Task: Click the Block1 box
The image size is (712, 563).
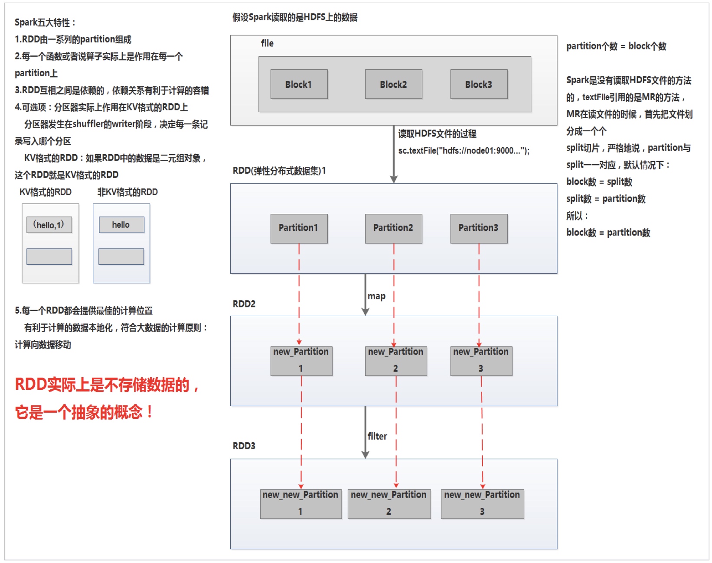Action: tap(299, 84)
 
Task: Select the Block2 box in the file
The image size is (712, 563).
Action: tap(393, 84)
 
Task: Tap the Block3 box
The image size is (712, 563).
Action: tap(479, 84)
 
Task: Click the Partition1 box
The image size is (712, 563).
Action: tap(299, 228)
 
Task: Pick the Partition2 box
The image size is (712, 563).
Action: tap(393, 228)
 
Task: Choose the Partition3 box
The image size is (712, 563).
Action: tap(479, 228)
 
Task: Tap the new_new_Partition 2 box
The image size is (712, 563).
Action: tap(389, 504)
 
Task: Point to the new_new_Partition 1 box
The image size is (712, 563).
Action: tap(300, 504)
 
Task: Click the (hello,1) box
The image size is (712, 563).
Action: tap(49, 225)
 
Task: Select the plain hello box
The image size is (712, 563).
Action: tap(121, 225)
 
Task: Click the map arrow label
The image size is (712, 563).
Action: tap(376, 297)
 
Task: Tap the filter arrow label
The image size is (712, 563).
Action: tap(377, 437)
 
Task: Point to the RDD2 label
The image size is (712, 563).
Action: tap(244, 304)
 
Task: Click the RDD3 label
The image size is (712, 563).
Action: tap(244, 446)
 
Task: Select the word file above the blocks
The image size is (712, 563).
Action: tap(267, 43)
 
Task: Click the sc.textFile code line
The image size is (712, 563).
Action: tap(464, 151)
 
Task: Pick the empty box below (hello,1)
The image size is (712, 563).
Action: tap(49, 256)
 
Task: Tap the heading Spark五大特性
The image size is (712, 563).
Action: tap(45, 23)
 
